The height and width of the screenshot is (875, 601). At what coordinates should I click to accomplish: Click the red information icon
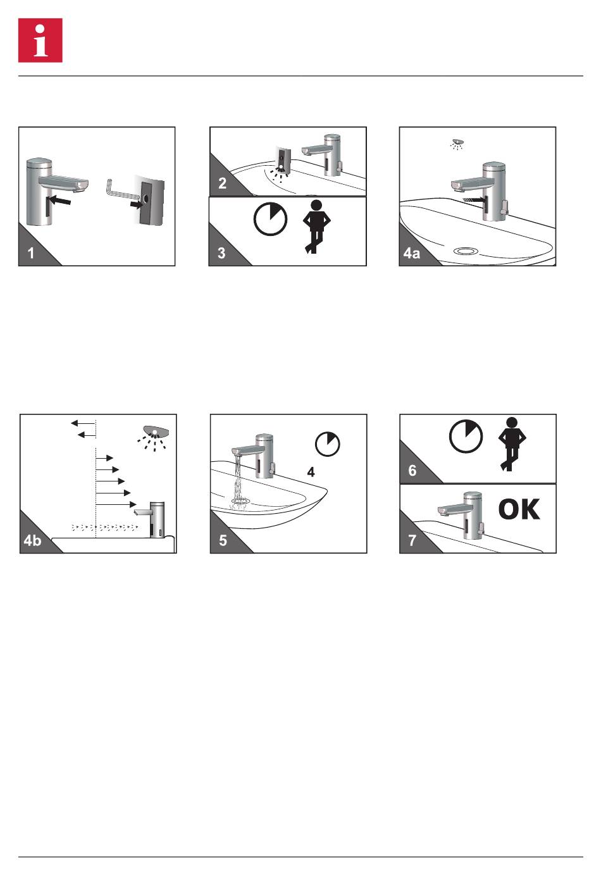(40, 40)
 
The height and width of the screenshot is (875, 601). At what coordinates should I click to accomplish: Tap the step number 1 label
(31, 253)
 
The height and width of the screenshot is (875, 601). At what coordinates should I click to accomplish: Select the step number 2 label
(222, 183)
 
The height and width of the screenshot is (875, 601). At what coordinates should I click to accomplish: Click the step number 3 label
(221, 253)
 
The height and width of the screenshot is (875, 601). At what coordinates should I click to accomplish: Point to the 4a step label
(412, 253)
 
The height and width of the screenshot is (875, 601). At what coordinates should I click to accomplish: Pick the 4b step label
(32, 540)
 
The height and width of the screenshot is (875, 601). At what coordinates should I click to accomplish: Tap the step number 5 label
(223, 540)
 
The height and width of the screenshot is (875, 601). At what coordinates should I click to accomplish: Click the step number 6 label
(412, 470)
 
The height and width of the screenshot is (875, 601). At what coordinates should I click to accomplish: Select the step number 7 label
(412, 540)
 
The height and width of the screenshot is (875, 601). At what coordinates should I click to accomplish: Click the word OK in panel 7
(519, 509)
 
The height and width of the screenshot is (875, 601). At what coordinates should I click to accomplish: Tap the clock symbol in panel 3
(270, 219)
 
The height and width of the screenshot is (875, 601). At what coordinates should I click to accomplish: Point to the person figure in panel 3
(316, 227)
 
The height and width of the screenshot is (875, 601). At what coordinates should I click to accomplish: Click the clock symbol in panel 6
(466, 437)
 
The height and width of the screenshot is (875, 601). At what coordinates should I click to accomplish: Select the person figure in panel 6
(512, 444)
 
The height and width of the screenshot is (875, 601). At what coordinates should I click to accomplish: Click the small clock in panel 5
(328, 444)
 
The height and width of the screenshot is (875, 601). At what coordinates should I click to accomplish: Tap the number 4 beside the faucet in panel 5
(311, 472)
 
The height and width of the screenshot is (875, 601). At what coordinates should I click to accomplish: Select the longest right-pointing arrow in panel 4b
(116, 505)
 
